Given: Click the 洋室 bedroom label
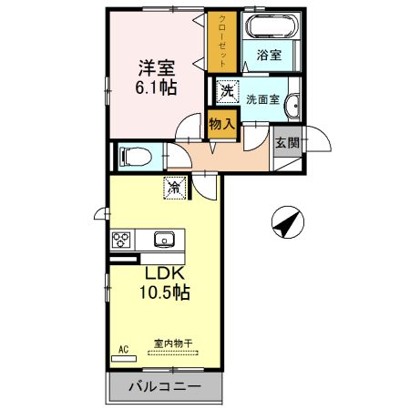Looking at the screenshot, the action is click(157, 68).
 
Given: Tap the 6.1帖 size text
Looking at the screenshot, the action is click(156, 87).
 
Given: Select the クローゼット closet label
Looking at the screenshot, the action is click(222, 41).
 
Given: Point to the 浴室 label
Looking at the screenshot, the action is click(269, 55).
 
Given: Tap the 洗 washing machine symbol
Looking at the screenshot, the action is click(228, 91).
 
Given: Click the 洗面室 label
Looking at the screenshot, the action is click(262, 99).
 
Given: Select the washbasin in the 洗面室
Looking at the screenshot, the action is click(292, 106).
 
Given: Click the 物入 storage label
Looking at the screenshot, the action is click(222, 124).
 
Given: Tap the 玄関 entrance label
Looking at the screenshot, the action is click(287, 143).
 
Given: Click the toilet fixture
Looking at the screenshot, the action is click(136, 157).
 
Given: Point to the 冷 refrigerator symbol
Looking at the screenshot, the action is click(175, 188).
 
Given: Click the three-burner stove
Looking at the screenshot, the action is click(121, 240).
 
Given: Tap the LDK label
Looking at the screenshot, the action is click(165, 273).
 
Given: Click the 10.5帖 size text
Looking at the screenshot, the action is click(165, 292).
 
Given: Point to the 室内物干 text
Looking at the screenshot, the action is click(173, 343).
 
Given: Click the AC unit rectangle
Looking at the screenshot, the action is click(124, 359).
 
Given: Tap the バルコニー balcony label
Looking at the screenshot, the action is click(165, 386).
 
